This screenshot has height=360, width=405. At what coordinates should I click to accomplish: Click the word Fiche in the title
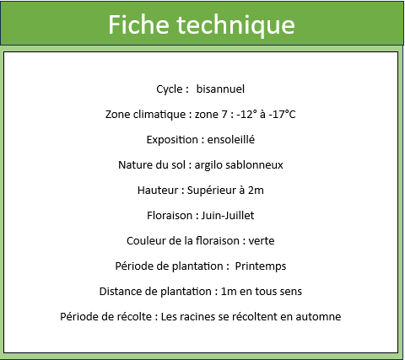(138, 24)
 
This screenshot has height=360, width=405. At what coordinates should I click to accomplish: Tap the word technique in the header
(235, 25)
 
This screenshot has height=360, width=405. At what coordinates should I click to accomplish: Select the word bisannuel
(220, 89)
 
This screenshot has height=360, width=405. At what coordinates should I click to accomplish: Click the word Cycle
(170, 89)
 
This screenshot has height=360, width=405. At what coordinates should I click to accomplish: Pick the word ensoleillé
(231, 139)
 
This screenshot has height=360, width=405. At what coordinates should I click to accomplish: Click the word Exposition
(172, 140)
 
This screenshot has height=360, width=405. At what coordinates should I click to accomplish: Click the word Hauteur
(158, 191)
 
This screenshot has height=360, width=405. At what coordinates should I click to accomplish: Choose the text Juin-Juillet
(228, 216)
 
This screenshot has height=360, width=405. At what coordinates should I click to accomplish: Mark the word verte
(262, 241)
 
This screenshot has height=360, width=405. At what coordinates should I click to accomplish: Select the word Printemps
(261, 266)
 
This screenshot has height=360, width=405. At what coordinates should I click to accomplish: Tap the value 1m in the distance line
(229, 292)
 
